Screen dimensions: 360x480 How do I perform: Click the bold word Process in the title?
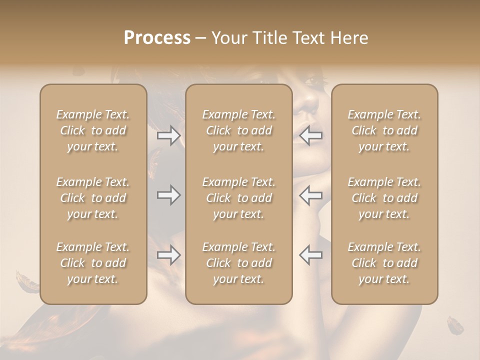[157, 38]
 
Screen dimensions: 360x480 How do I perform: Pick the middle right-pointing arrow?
[169, 195]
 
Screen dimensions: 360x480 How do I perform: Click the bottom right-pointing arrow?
[169, 255]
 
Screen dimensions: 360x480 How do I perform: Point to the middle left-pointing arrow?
[310, 195]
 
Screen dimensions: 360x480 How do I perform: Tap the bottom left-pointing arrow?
[310, 255]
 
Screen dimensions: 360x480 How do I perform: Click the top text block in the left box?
[93, 130]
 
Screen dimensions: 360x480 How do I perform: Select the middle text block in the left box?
[93, 198]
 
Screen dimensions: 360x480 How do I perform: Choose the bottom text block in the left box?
[93, 263]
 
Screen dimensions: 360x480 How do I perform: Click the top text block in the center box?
[238, 130]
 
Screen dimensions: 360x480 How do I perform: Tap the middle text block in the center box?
[238, 198]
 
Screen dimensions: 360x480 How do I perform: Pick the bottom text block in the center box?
[238, 263]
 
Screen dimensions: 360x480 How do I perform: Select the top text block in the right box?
[384, 130]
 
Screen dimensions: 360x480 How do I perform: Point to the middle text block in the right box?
[384, 198]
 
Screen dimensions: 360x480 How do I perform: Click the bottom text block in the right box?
[384, 263]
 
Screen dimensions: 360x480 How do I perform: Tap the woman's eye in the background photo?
[312, 80]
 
